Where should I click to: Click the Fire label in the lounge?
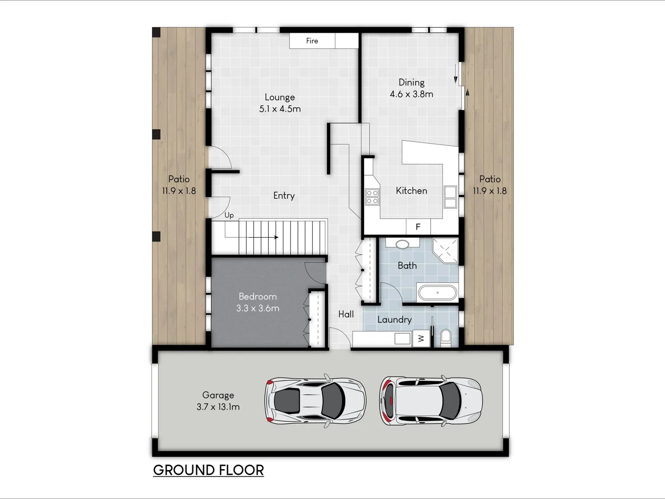coord(312,41)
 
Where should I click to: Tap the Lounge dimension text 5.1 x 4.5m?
coord(280,109)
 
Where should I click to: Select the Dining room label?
coord(411,82)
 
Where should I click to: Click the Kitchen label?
coord(411,190)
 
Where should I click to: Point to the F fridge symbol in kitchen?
coord(418,226)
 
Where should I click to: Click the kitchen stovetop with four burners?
coord(372,197)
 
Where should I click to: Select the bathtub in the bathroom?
coord(437,293)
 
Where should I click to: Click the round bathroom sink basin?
coord(402,244)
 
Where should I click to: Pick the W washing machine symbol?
coord(421,339)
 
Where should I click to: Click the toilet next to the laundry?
coord(446,337)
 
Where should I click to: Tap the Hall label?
coord(346,314)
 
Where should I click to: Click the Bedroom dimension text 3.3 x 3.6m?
coord(258,308)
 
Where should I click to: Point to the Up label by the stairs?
coord(229,215)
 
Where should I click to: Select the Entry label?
coord(284,195)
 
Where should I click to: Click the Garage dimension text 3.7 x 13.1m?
coord(218,407)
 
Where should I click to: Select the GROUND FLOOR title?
coord(208,470)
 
